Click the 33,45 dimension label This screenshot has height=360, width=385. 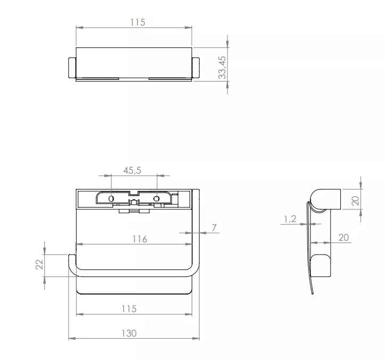(222, 68)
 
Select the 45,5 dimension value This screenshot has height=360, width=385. (132, 170)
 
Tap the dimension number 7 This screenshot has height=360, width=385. (214, 228)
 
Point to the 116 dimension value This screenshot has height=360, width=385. (140, 239)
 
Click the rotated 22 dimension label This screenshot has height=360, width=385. (39, 265)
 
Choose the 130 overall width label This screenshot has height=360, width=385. (129, 333)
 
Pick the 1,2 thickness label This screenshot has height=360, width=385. (290, 219)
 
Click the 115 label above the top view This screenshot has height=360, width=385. (138, 22)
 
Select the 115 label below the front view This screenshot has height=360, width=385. (129, 309)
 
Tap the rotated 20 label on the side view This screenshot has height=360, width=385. (355, 201)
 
